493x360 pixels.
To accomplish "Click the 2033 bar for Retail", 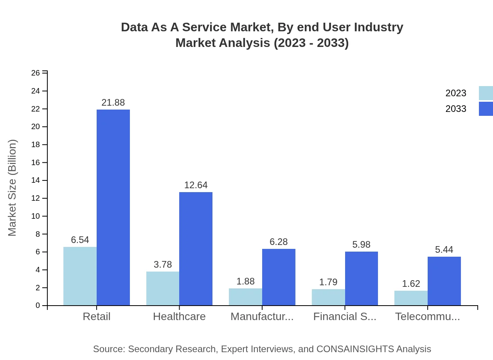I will click(113, 207).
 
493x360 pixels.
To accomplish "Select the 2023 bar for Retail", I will click(80, 276).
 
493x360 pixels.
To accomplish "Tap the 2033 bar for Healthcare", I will click(196, 248).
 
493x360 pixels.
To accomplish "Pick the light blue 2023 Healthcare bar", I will click(163, 288).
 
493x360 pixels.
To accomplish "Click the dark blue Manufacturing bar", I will click(279, 277).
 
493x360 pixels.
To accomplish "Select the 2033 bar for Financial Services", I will click(361, 278).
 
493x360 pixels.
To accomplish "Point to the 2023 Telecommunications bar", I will click(411, 298).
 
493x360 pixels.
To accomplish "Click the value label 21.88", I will click(113, 103).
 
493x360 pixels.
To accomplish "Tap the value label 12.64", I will click(196, 185).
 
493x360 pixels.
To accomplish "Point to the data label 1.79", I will click(328, 282).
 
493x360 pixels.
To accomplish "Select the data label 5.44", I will click(444, 250).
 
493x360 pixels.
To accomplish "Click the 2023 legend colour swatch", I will click(486, 93).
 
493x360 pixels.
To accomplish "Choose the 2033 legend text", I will click(456, 109).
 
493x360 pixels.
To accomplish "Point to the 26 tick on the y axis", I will click(36, 73).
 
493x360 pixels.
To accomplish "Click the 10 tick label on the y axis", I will click(36, 216).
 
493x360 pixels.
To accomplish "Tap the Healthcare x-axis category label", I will click(179, 317).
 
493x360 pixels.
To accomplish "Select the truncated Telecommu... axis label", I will click(427, 317).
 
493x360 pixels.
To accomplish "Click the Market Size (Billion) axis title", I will click(13, 188).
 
